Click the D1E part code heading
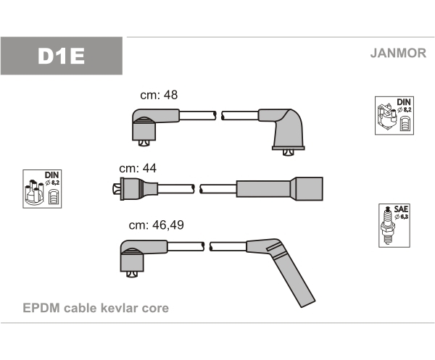tap(62, 56)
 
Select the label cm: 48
tap(158, 96)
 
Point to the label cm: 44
tap(138, 168)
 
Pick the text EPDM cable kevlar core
tap(96, 308)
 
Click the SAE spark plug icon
tap(391, 225)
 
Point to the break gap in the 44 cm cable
tap(196, 188)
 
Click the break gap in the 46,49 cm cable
tap(207, 246)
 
